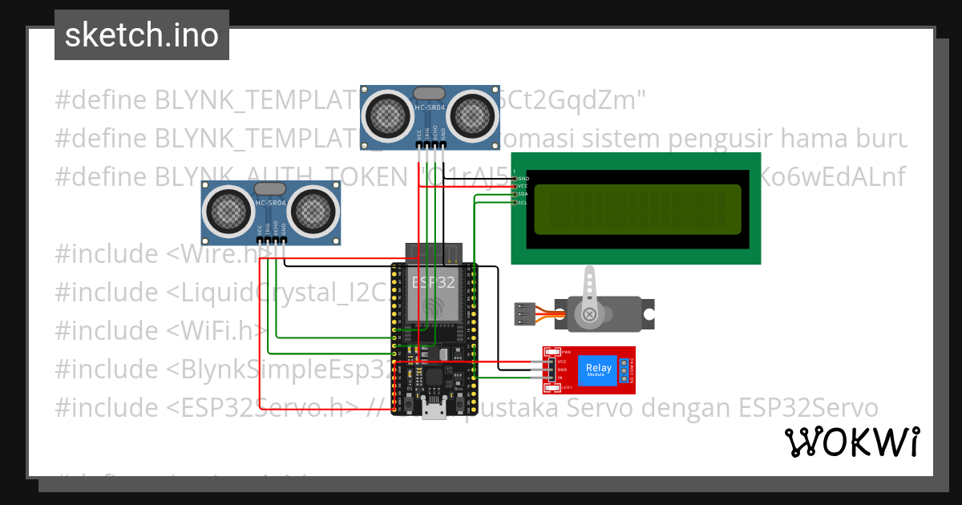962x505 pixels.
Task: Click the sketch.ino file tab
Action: tap(142, 35)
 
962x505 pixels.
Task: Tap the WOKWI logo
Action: tap(851, 442)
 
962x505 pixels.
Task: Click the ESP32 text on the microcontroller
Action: tap(433, 282)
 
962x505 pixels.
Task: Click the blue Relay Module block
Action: tap(598, 370)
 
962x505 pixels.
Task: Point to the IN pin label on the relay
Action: tap(560, 378)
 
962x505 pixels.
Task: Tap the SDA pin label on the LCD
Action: tap(522, 194)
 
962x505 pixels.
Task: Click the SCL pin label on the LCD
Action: tap(522, 202)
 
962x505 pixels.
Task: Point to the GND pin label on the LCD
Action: tap(523, 178)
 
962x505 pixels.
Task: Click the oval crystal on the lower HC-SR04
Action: tap(270, 188)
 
